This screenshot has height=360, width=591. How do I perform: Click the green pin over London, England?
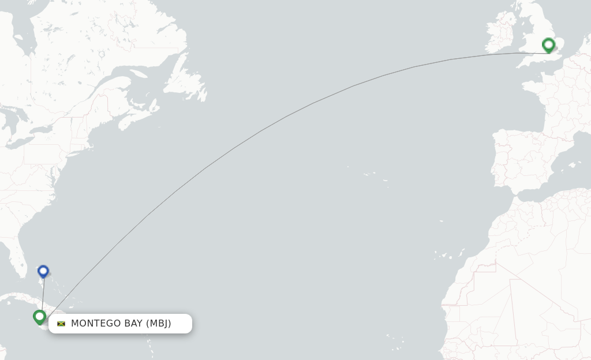click(x=548, y=44)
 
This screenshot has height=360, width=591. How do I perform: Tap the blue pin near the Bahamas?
click(x=43, y=271)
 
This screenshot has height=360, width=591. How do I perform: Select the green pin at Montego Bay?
click(x=39, y=316)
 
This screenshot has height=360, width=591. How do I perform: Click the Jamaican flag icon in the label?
click(x=61, y=324)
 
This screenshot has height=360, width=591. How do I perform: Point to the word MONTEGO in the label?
click(x=93, y=323)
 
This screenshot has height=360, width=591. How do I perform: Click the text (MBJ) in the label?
click(x=158, y=323)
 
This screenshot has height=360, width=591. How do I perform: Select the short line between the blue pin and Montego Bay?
click(x=42, y=294)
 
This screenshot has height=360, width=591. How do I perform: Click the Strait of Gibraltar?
click(x=513, y=194)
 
